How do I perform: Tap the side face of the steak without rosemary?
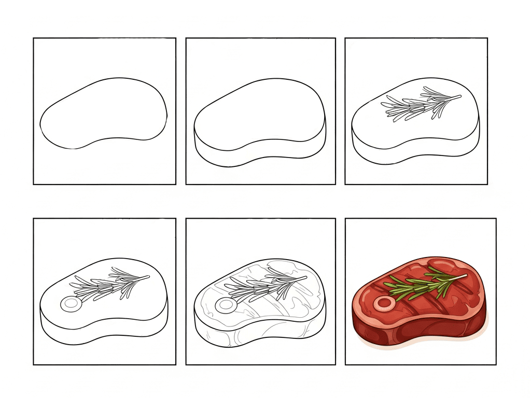(259, 153)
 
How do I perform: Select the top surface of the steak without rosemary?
(259, 111)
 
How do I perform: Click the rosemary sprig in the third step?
(415, 106)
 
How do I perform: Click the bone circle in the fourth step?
(69, 305)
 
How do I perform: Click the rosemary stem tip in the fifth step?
(304, 277)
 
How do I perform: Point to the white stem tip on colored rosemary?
(465, 276)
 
